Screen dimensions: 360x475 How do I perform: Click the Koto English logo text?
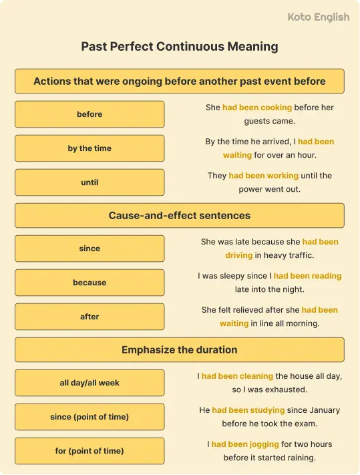(318, 17)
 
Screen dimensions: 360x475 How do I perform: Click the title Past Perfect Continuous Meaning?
(180, 47)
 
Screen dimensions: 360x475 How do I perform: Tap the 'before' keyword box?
(89, 114)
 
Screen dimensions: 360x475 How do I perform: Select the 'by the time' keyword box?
(89, 148)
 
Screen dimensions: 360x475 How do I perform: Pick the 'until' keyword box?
(89, 182)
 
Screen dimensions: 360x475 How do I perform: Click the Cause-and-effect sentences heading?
(180, 216)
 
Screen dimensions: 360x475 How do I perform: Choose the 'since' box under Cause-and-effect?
(89, 249)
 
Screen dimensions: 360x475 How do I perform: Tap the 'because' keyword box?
(89, 283)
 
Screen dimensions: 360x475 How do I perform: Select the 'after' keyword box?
(89, 317)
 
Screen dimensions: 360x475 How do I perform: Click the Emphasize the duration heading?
(180, 349)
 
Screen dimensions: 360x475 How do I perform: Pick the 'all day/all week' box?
(89, 383)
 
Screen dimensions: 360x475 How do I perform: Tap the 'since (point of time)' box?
(89, 417)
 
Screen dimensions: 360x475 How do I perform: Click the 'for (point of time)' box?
(89, 451)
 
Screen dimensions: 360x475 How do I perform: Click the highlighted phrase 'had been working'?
(263, 176)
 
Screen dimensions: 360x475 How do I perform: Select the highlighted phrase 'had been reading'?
(307, 275)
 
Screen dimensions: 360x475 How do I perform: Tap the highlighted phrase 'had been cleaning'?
(237, 376)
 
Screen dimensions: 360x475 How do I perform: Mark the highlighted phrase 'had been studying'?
(248, 410)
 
